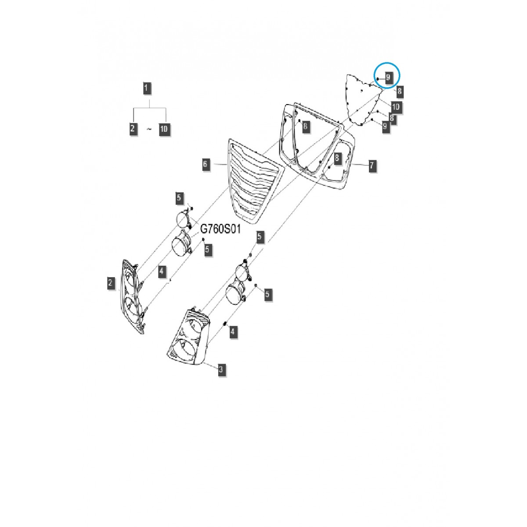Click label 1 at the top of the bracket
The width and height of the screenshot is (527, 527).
[x=147, y=88]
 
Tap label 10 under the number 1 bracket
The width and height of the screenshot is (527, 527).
[x=164, y=129]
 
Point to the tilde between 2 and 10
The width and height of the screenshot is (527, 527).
[x=148, y=129]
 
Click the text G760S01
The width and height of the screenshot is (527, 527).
[x=220, y=230]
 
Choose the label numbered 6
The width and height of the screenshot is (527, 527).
[x=206, y=165]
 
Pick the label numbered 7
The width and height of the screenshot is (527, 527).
[x=372, y=166]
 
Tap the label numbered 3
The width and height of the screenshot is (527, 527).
[x=221, y=369]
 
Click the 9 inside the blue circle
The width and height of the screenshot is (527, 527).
[x=388, y=78]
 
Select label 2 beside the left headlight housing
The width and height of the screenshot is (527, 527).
[x=111, y=283]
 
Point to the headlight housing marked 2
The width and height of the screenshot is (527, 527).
[x=132, y=296]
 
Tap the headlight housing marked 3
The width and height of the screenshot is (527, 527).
[x=189, y=338]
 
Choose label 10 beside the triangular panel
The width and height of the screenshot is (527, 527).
[x=395, y=106]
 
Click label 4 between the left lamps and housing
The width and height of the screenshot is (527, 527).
[x=162, y=271]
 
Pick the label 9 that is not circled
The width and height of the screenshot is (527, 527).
[x=385, y=126]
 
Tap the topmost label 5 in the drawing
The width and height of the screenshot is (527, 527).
[x=179, y=198]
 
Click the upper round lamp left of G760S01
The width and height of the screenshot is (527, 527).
[x=182, y=219]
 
